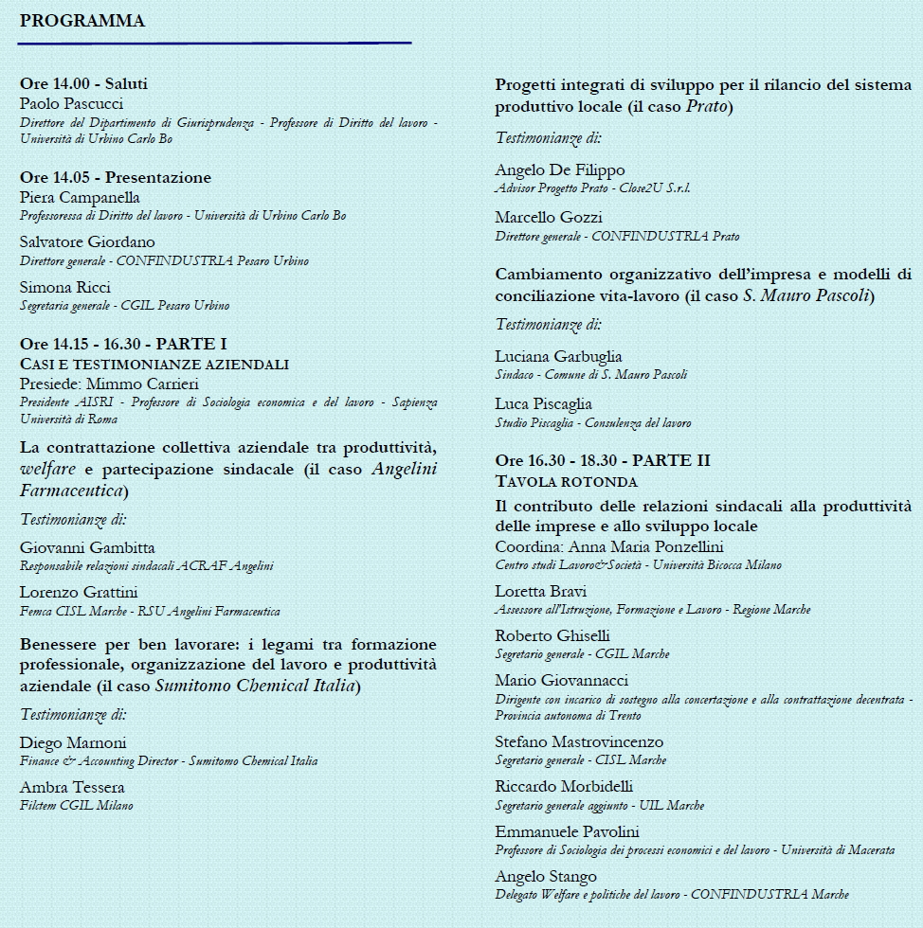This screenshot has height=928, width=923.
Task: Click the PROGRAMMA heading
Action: (82, 21)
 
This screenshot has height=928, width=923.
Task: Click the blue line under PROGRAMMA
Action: (214, 43)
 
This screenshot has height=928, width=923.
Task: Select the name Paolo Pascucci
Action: (71, 103)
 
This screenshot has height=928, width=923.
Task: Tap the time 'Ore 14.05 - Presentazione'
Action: (116, 177)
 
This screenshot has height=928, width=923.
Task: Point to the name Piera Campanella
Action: (80, 197)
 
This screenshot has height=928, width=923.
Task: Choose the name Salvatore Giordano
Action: (87, 241)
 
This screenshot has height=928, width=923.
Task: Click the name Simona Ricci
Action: (65, 287)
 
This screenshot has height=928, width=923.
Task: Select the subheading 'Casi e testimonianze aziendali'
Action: (154, 364)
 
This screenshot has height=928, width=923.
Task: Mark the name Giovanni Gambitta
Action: (87, 547)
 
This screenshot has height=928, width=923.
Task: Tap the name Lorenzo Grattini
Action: (79, 592)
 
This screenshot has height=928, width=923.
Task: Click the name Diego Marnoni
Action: (73, 742)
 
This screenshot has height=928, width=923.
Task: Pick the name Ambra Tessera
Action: (72, 787)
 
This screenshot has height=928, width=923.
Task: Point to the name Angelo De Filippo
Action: (560, 170)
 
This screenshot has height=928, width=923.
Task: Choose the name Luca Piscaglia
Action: (543, 404)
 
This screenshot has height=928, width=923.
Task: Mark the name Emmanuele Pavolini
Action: (567, 831)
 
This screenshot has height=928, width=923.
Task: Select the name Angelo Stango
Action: (546, 876)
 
